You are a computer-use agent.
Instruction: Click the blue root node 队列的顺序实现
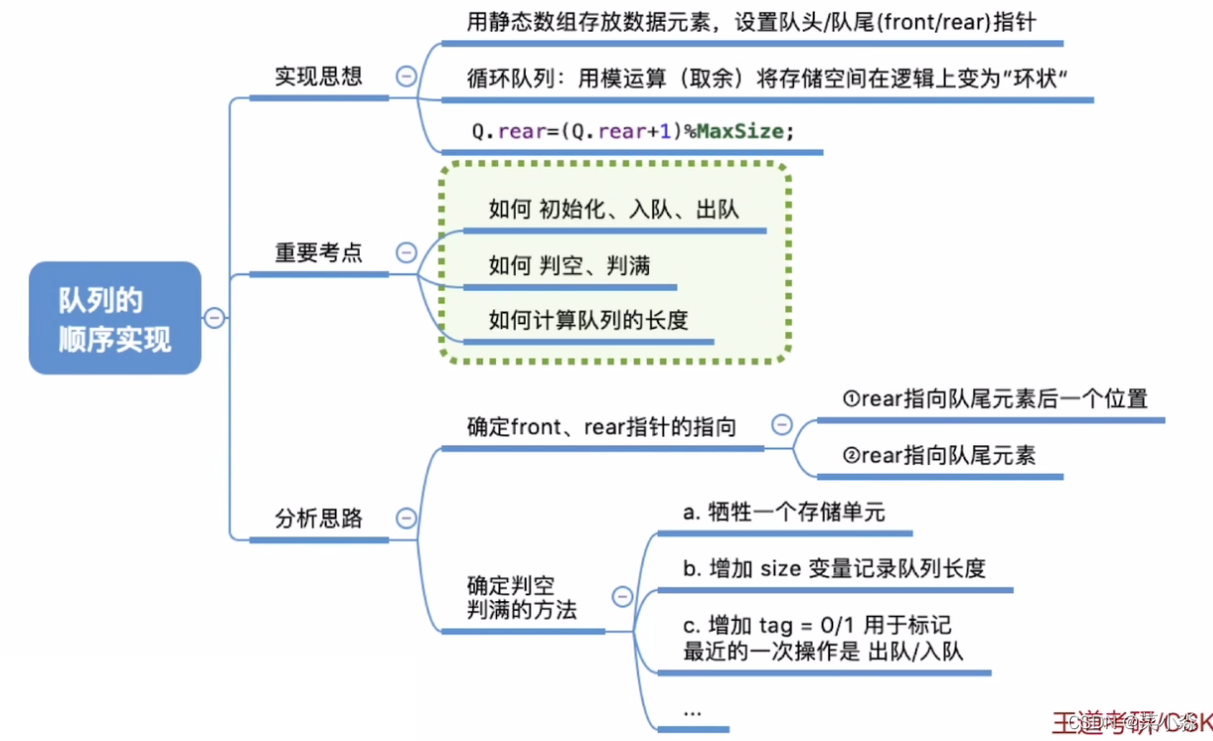coord(114,318)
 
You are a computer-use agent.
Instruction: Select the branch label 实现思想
coord(318,77)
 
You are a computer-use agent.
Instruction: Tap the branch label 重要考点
coord(318,252)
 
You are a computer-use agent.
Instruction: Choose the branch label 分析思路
coord(318,518)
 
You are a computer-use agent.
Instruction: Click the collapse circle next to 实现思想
coord(405,78)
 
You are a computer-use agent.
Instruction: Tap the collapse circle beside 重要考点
coord(405,252)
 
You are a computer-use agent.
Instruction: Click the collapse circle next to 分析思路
coord(405,518)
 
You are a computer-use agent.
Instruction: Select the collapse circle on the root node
coord(214,318)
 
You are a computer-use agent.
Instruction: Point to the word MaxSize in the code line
coord(740,131)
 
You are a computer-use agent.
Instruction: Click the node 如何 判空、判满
coord(569,265)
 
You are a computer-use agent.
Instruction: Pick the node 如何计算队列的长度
coord(588,319)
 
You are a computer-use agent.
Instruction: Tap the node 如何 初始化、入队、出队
coord(613,209)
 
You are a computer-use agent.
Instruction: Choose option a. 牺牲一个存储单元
coord(784,512)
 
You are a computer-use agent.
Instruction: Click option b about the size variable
coord(833,569)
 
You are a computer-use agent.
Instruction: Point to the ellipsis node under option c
coord(692,709)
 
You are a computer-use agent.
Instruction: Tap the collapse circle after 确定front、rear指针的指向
coord(781,425)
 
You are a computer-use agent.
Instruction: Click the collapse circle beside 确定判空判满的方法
coord(622,596)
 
